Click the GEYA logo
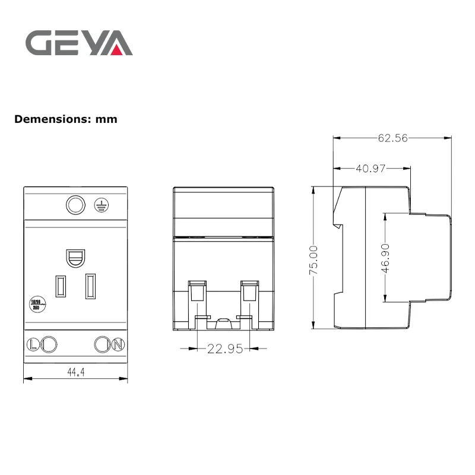pos(78,43)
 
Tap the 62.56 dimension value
pos(392,138)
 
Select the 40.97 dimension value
pos(370,169)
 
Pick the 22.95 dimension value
pos(224,349)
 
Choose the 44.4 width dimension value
pos(75,372)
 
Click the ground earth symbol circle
pos(102,205)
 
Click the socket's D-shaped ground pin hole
pos(75,256)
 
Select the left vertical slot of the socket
pos(60,286)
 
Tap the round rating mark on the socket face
pos(36,303)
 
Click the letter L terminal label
pos(33,344)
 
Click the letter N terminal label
pos(118,344)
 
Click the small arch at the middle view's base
pos(223,323)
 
